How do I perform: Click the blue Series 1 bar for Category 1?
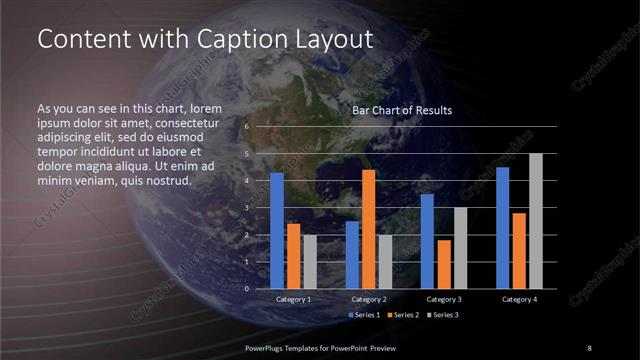pos(277,231)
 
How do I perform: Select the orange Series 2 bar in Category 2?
pos(369,229)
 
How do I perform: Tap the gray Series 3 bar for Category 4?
pos(536,221)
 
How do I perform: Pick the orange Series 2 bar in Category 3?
pos(444,264)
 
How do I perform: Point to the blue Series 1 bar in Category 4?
pos(503,228)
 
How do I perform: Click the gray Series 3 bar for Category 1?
pos(309,262)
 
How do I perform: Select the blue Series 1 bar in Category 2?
pos(352,255)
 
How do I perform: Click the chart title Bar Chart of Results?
pos(402,110)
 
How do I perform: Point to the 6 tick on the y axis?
pos(246,127)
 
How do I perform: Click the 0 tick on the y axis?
pos(246,288)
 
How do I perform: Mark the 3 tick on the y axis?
pos(246,208)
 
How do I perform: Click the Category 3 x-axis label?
pos(443,299)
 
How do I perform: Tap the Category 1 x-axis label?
pos(293,299)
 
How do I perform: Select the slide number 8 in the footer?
pos(589,347)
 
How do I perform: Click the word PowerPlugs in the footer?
pos(265,347)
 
